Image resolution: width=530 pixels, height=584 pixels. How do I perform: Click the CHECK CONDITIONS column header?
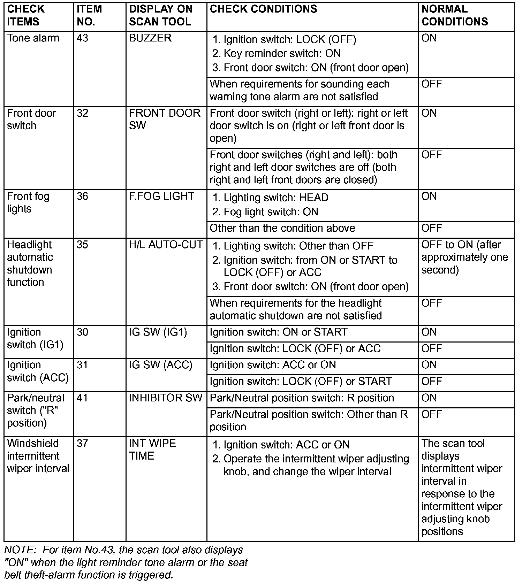point(263,9)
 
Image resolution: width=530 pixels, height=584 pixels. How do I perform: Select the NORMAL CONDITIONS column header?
point(454,15)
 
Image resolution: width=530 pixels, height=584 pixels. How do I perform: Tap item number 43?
point(83,38)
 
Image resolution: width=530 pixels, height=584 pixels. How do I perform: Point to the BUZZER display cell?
point(150,38)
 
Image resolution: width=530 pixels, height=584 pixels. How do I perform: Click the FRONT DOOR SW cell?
point(164,119)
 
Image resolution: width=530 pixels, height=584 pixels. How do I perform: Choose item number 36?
point(83,196)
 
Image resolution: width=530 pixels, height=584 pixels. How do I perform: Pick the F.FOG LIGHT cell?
point(161,196)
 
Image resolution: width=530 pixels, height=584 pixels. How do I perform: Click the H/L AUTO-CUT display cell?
point(166,245)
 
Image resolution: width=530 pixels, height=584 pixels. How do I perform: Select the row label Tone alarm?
point(33,38)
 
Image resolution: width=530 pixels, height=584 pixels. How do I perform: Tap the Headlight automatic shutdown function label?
point(30,263)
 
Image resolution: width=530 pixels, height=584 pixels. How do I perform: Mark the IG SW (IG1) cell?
point(158,332)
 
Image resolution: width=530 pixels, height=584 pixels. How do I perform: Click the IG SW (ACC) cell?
point(160,365)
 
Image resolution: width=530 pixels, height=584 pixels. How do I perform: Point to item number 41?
point(82,398)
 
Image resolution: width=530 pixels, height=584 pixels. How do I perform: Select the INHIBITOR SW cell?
point(165,398)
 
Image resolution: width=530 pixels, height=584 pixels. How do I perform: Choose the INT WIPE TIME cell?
point(152,449)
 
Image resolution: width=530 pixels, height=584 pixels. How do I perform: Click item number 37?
point(83,443)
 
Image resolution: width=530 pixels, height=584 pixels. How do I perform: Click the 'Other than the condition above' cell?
point(282,228)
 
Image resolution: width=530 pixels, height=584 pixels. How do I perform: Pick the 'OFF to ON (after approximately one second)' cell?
point(464,257)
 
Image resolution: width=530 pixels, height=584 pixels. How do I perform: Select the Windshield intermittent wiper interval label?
point(38,456)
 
